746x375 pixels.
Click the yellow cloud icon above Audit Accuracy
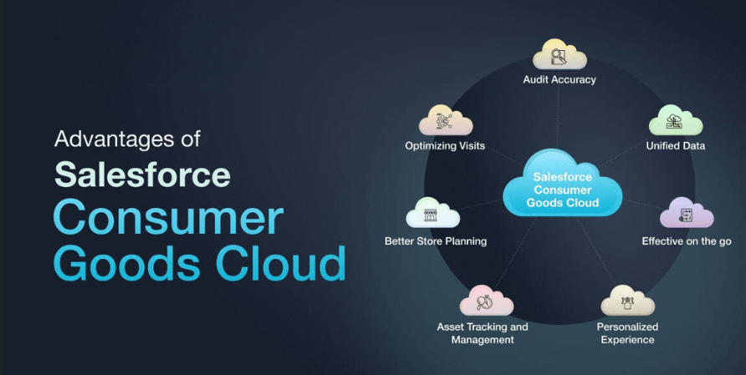coord(559,54)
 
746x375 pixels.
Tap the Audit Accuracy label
coord(559,79)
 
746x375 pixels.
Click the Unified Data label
coord(676,146)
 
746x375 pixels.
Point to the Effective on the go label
coord(687,241)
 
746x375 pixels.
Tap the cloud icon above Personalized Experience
coord(627,301)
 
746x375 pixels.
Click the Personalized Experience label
coord(627,333)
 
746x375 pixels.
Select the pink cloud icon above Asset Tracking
coord(486,301)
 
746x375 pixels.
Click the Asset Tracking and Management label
coord(483,333)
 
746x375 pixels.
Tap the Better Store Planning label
coord(436,241)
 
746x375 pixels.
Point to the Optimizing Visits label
coord(445,146)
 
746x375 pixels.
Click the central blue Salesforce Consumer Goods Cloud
coord(562,185)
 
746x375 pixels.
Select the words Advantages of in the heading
coord(127,139)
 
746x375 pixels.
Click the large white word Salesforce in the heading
coord(143,175)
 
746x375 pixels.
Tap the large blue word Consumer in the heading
coord(168,217)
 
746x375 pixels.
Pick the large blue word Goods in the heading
coord(127,263)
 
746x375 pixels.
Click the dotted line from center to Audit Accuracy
coord(558,117)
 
